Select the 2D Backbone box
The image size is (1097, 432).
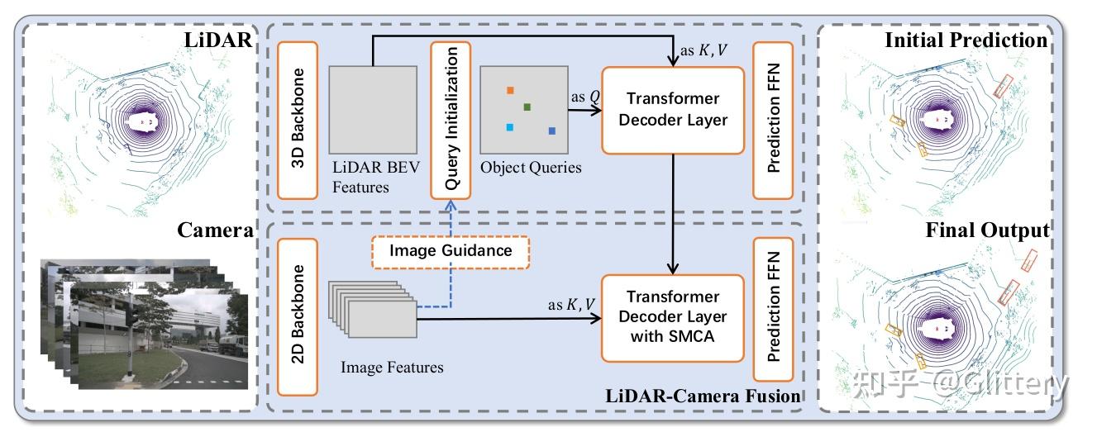(298, 315)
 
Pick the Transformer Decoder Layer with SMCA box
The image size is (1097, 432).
(672, 317)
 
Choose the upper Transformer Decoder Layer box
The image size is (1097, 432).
(672, 109)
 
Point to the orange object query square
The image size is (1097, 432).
(510, 90)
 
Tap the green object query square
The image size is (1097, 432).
(527, 107)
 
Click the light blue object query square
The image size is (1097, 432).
(510, 127)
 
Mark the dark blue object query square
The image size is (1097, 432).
(551, 131)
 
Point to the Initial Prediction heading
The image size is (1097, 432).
(966, 40)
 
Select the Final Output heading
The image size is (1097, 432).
(987, 230)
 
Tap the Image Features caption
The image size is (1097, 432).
(392, 367)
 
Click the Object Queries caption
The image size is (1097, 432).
(531, 168)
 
